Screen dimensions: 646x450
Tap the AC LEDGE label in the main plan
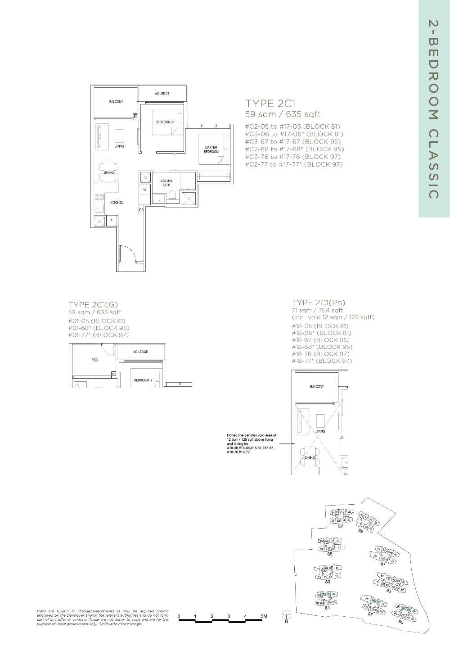pyautogui.click(x=162, y=94)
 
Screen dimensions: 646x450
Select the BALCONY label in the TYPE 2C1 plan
pyautogui.click(x=116, y=102)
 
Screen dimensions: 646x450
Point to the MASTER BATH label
pyautogui.click(x=166, y=183)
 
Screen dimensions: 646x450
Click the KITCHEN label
pyautogui.click(x=117, y=203)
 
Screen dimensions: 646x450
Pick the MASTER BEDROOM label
pyautogui.click(x=211, y=150)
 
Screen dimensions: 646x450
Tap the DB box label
pyautogui.click(x=141, y=210)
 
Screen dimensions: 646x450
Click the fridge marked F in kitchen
pyautogui.click(x=111, y=221)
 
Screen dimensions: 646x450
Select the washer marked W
pyautogui.click(x=145, y=190)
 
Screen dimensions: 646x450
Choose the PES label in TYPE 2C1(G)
pyautogui.click(x=94, y=360)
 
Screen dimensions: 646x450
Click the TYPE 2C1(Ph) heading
pyautogui.click(x=319, y=303)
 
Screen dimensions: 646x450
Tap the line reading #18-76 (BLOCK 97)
pyautogui.click(x=322, y=354)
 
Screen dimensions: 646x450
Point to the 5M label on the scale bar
pyautogui.click(x=263, y=616)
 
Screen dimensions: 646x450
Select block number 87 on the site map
pyautogui.click(x=341, y=526)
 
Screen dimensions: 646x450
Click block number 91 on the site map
pyautogui.click(x=382, y=564)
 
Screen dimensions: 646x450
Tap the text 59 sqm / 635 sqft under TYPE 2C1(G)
pyautogui.click(x=94, y=312)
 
